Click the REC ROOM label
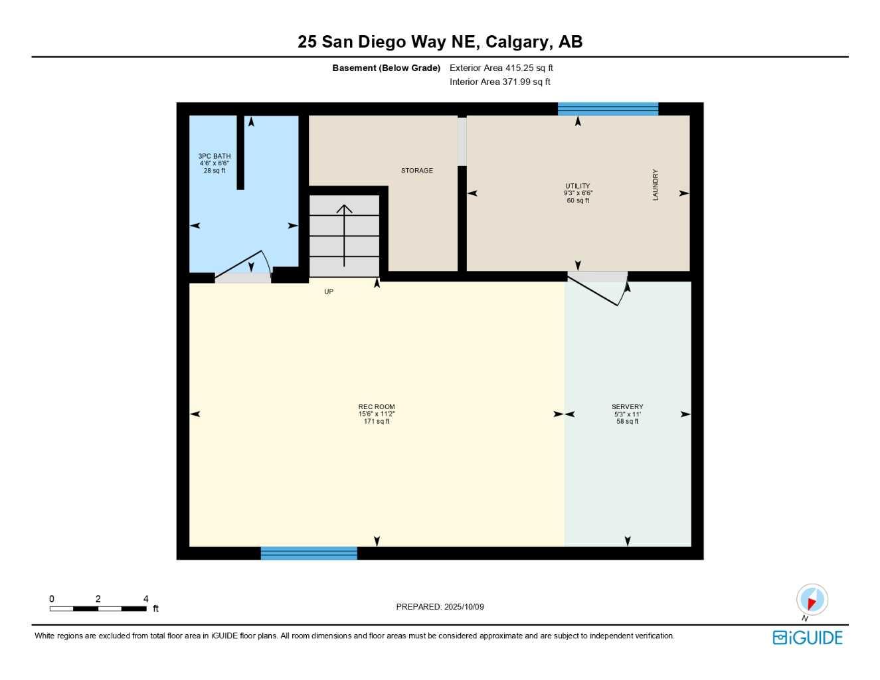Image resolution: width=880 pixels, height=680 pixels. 376,406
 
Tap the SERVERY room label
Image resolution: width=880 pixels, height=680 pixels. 627,406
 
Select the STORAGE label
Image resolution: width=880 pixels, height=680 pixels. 416,171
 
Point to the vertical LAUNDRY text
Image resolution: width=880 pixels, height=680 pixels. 655,185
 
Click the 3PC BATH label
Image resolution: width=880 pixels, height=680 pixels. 214,156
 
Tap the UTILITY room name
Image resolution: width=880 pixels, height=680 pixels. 577,186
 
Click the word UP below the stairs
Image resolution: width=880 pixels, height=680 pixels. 328,292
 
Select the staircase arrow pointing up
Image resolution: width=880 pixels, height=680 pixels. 344,232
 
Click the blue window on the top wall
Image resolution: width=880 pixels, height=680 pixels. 608,109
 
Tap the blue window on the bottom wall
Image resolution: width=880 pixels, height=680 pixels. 309,552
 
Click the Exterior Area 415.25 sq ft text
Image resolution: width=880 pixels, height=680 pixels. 501,68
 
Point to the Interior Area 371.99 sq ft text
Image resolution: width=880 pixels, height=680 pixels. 499,82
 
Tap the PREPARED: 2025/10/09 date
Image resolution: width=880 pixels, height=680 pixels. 440,606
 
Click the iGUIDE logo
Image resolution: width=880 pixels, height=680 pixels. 807,637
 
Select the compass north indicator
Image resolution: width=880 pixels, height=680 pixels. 812,600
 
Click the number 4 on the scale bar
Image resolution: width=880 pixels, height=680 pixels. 145,598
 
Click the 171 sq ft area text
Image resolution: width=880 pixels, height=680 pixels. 376,421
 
